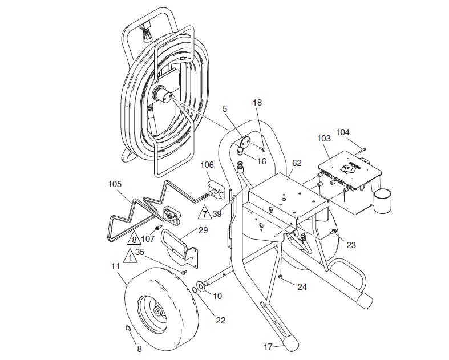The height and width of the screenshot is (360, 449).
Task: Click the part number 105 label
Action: (115, 184)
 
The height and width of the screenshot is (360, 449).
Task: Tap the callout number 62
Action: (297, 163)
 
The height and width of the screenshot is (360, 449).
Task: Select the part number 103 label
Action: (324, 139)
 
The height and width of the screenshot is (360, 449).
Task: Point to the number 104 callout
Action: (343, 132)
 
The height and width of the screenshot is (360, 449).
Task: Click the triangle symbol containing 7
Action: (204, 213)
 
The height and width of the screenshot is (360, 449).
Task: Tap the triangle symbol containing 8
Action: (134, 238)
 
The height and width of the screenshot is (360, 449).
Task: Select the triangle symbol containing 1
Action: (130, 256)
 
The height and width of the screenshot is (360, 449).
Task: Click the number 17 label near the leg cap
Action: (268, 347)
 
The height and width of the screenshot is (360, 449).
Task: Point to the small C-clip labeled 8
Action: (128, 329)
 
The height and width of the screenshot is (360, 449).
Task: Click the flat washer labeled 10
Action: (200, 286)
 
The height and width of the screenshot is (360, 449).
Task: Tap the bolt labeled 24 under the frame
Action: (281, 276)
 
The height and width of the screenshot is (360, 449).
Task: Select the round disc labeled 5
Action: (245, 141)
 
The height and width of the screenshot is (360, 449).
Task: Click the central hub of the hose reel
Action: (163, 95)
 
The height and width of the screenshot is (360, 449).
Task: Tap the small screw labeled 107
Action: (157, 228)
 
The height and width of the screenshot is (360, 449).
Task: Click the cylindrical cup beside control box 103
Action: (382, 200)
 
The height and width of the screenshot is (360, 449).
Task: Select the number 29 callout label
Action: (203, 230)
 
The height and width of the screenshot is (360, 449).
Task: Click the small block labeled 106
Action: (216, 189)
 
